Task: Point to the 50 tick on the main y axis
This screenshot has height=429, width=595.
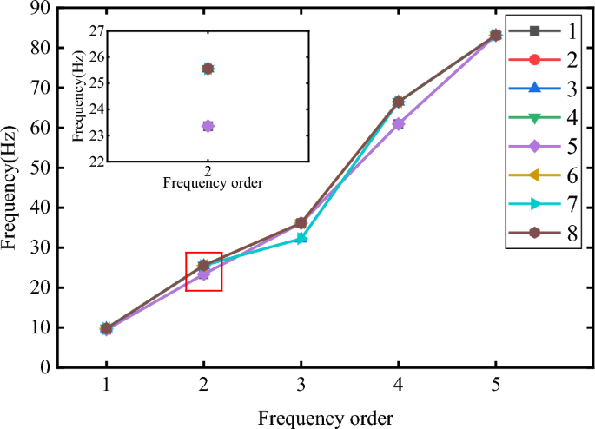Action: click(43, 168)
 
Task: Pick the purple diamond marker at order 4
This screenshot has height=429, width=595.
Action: click(398, 124)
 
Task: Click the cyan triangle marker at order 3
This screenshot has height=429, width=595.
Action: click(301, 238)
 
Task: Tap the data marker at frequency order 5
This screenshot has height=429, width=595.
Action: click(495, 36)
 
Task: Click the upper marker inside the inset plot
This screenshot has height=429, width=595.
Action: click(208, 69)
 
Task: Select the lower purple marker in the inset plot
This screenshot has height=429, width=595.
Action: click(208, 126)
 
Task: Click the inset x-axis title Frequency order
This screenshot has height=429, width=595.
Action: click(214, 183)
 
